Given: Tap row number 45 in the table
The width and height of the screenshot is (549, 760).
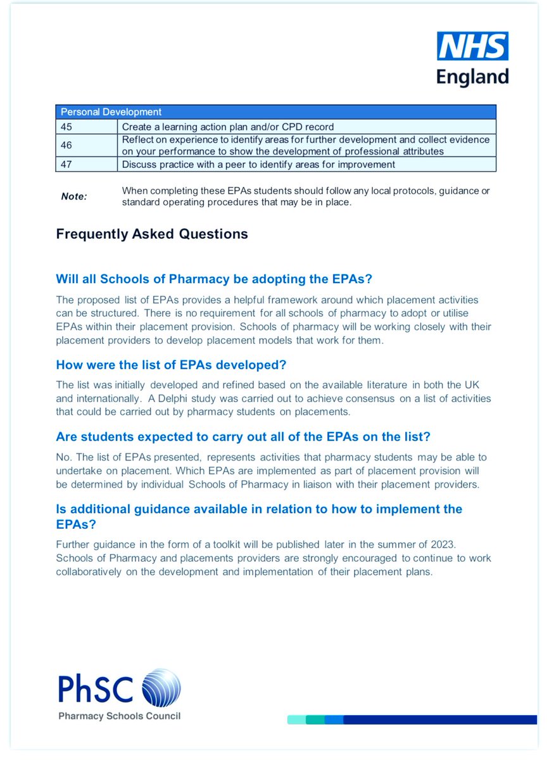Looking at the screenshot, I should click(x=66, y=126).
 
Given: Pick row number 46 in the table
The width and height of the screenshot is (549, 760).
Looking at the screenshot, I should click(x=66, y=145).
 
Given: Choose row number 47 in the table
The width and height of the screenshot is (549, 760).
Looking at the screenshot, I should click(x=66, y=165).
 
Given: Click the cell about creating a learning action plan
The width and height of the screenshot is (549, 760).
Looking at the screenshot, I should click(x=228, y=126).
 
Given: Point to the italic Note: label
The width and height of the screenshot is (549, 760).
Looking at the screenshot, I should click(x=73, y=196).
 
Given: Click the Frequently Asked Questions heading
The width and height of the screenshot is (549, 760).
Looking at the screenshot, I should click(x=152, y=234).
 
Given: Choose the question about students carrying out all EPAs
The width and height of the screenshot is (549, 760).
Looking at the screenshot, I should click(x=237, y=437).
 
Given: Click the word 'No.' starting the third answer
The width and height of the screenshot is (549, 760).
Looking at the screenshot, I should click(x=63, y=457).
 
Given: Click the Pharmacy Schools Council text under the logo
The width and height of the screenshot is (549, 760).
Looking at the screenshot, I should click(x=119, y=716).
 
